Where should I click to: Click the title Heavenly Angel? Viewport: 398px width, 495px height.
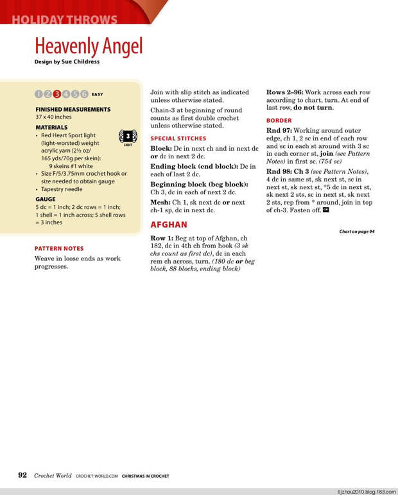tap(89, 46)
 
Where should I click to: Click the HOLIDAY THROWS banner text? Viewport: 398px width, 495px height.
tap(64, 19)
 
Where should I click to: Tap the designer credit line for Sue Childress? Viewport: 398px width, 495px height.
tap(67, 62)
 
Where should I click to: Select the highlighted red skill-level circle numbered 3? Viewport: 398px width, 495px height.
tap(57, 94)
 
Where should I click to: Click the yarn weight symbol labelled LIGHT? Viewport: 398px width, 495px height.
tap(128, 137)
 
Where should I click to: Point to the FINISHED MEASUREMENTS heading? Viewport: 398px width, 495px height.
tap(73, 110)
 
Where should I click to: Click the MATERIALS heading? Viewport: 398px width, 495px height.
tap(51, 128)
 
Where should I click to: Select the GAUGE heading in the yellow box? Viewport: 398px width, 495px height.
tap(45, 199)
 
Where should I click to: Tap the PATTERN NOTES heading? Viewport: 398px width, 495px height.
tap(59, 248)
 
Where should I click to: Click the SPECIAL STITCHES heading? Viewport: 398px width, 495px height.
tap(178, 138)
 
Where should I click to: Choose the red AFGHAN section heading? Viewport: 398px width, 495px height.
tap(169, 224)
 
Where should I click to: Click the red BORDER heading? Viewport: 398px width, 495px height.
tap(279, 121)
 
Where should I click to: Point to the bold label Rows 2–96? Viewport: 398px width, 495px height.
tap(285, 92)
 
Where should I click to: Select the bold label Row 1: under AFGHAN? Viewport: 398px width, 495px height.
tap(162, 238)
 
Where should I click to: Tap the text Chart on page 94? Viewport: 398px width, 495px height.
tap(356, 231)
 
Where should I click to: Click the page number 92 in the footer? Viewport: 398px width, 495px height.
tap(22, 475)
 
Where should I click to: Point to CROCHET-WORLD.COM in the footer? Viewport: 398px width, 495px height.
tap(96, 476)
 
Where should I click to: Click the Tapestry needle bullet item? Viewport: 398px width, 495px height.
tap(62, 189)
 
